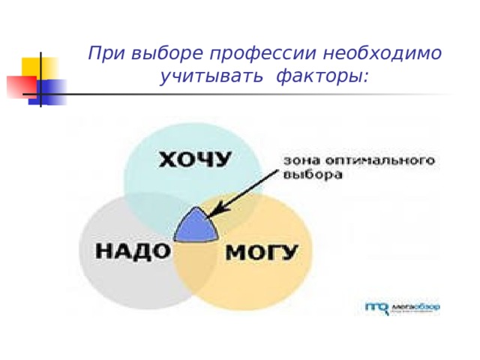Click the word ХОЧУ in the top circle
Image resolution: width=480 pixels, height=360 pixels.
click(194, 160)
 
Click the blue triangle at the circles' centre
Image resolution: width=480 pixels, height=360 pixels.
click(197, 226)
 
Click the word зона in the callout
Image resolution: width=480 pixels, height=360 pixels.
click(298, 160)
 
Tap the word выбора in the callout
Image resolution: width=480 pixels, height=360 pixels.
click(313, 176)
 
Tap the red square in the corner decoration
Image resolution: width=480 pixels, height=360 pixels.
click(18, 87)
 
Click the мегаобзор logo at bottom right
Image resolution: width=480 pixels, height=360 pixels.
click(402, 306)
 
